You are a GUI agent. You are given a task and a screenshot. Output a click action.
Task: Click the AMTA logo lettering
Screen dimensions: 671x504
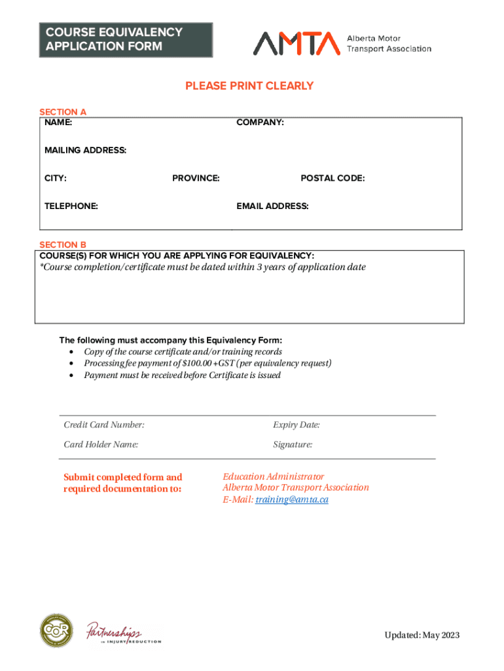click(x=297, y=43)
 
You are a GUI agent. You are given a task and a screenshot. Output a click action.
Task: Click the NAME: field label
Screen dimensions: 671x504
click(x=58, y=123)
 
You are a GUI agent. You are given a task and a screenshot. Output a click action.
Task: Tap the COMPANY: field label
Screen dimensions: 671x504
click(x=260, y=123)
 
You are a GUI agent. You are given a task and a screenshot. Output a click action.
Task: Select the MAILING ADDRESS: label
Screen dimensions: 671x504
click(x=85, y=151)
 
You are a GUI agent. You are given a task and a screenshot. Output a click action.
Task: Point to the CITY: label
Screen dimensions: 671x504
click(x=55, y=178)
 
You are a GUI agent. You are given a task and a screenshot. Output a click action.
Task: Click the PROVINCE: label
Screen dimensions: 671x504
click(x=196, y=178)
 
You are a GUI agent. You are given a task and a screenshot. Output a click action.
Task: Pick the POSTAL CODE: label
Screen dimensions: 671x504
click(x=333, y=178)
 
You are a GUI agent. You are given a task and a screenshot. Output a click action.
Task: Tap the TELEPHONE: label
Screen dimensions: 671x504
click(x=71, y=206)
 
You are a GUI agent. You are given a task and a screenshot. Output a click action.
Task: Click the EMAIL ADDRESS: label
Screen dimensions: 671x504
click(x=272, y=206)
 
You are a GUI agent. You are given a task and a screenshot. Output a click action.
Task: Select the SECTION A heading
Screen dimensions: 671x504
click(x=63, y=112)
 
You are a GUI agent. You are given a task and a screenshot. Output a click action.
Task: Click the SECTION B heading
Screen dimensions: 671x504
click(x=63, y=245)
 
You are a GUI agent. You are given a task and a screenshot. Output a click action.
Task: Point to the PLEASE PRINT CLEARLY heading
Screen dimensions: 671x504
click(x=249, y=86)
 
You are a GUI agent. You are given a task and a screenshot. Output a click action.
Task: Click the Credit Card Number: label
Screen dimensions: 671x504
click(x=104, y=425)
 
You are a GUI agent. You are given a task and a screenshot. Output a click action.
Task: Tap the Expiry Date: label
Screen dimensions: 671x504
click(x=297, y=425)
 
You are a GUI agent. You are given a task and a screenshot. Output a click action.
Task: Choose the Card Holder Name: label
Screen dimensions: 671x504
click(x=101, y=445)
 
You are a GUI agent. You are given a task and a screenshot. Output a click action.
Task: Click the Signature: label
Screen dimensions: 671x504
click(x=293, y=445)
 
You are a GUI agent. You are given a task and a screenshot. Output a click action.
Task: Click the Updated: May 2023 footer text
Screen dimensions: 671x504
click(x=422, y=635)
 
